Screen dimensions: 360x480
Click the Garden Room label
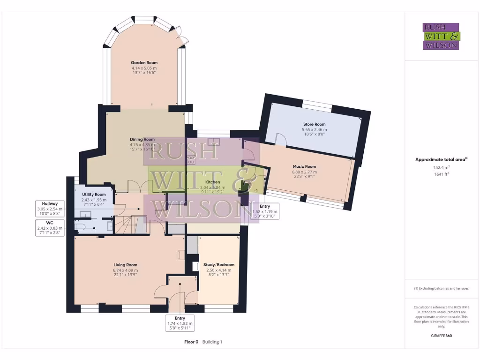click(144, 62)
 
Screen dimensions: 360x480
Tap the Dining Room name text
click(142, 139)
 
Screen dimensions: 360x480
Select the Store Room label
click(315, 124)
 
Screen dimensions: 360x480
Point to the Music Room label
click(304, 166)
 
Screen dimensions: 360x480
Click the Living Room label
click(125, 265)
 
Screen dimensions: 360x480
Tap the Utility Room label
click(94, 194)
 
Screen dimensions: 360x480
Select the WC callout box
click(50, 228)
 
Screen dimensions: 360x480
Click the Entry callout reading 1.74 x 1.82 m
click(180, 323)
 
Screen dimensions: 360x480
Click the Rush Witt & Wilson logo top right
click(441, 36)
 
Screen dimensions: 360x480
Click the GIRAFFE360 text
click(441, 336)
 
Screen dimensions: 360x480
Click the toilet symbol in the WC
click(82, 227)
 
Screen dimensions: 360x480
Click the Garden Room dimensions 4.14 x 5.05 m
click(144, 68)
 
